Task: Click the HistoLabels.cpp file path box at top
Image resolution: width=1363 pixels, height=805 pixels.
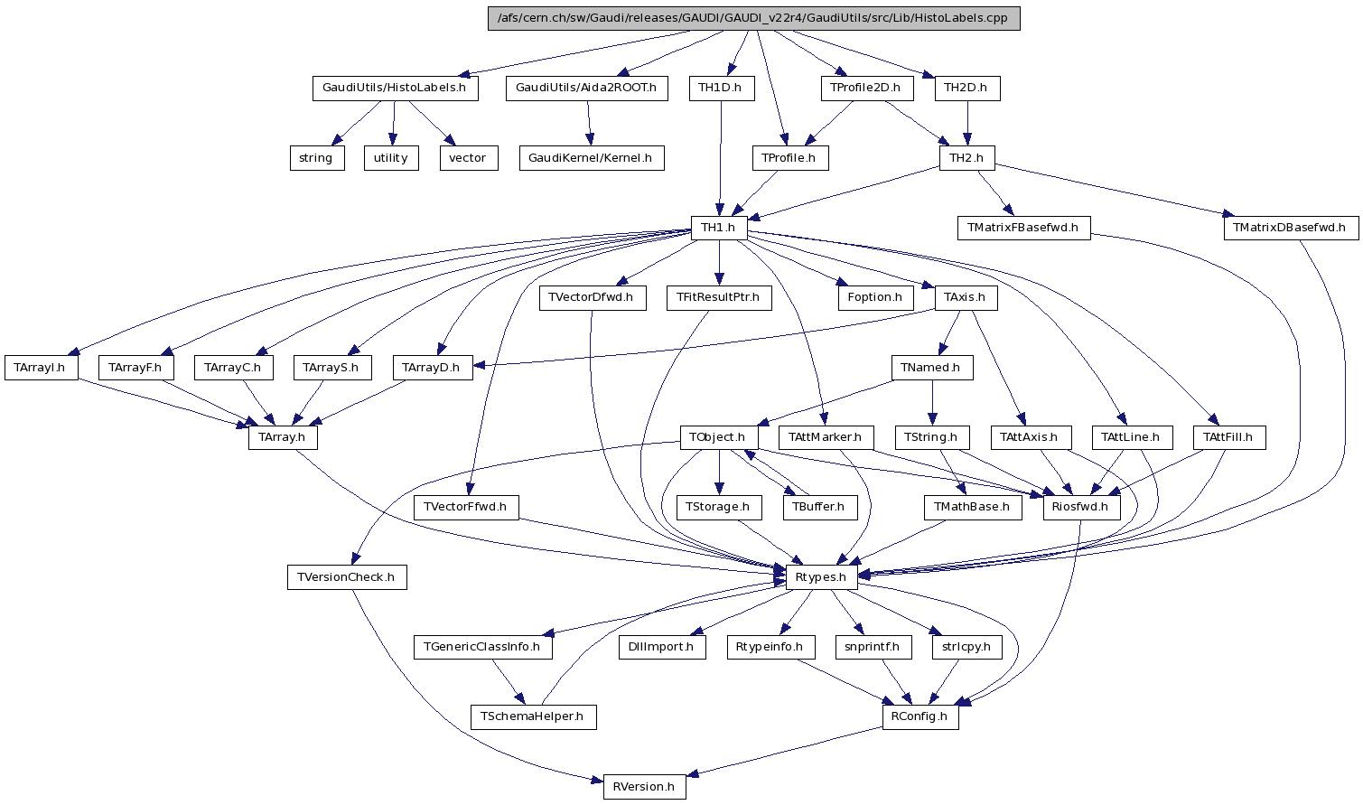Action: click(753, 19)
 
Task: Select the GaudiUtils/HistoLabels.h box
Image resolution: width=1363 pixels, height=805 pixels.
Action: click(394, 89)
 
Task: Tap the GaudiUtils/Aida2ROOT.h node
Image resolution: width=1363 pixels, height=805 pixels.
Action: click(586, 89)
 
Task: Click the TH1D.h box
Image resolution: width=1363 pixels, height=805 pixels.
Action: click(720, 89)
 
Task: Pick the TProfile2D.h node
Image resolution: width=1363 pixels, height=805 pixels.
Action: click(866, 89)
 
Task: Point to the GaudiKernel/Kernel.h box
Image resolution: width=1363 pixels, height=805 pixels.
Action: click(592, 158)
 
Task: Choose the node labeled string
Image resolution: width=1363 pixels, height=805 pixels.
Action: click(316, 158)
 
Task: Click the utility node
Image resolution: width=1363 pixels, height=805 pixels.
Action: click(391, 158)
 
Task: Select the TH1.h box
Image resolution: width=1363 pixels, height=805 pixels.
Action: click(719, 228)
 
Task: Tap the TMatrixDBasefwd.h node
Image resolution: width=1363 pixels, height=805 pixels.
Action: click(1291, 228)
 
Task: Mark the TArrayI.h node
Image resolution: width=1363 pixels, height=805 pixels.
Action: click(41, 368)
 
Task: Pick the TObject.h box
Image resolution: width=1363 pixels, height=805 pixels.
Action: click(718, 437)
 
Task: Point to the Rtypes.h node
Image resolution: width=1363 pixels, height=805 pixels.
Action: click(820, 577)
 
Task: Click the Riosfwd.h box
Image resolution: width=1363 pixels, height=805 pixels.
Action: click(1081, 507)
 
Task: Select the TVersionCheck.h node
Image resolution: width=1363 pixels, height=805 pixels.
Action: click(347, 577)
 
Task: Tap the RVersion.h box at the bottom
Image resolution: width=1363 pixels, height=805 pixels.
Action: click(644, 786)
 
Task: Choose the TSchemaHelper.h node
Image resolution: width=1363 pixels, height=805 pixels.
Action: click(533, 716)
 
